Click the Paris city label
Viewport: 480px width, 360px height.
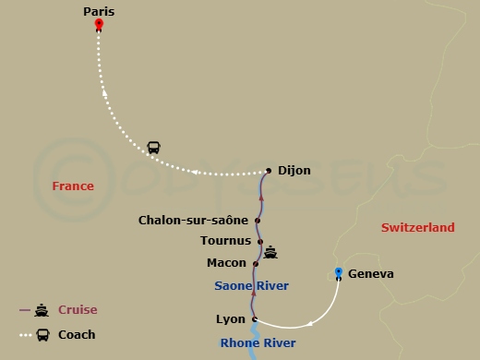[x=99, y=11]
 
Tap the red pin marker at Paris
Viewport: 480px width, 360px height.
[x=99, y=26]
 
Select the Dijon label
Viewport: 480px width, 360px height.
[x=294, y=171]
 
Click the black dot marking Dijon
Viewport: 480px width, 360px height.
[x=269, y=170]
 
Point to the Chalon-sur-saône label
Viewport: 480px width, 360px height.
[x=193, y=221]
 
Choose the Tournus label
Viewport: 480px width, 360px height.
[x=225, y=241]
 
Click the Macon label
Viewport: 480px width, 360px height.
[x=227, y=263]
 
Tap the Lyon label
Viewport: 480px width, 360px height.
[x=230, y=319]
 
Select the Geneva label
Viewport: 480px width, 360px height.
[x=372, y=274]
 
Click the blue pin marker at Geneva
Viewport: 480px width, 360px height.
[x=339, y=272]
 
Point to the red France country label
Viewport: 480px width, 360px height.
[x=73, y=186]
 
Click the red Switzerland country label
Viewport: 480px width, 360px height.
[x=418, y=227]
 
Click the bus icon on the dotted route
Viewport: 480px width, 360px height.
[x=154, y=148]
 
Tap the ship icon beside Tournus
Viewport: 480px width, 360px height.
[x=270, y=251]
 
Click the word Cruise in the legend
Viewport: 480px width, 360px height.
[x=78, y=310]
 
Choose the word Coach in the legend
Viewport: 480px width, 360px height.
[x=78, y=335]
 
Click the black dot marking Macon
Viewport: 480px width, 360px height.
[x=256, y=264]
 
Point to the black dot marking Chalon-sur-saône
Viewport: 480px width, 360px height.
[x=258, y=221]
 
